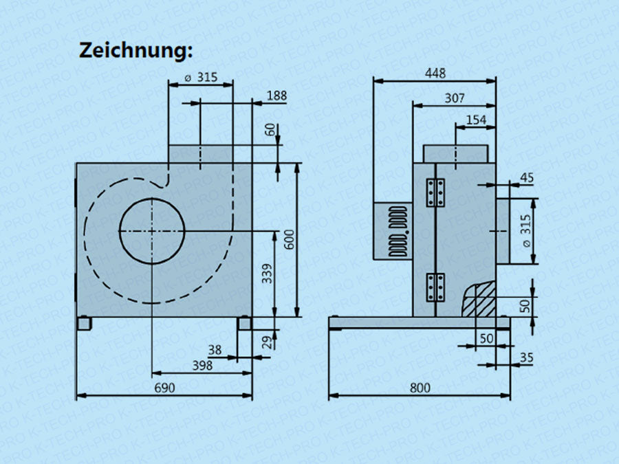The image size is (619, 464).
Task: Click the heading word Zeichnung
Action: (136, 50)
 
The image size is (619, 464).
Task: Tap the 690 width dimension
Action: (164, 387)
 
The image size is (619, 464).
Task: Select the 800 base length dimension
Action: (420, 388)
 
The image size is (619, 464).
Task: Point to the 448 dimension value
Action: (435, 72)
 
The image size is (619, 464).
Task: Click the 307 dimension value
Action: (454, 98)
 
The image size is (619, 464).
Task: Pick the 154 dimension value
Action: (476, 120)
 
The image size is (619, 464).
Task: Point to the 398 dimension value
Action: (202, 366)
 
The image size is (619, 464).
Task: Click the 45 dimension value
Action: (526, 177)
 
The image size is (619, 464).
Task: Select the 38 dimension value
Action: (215, 350)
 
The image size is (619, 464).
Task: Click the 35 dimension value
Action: (528, 357)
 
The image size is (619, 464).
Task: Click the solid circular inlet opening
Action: (152, 231)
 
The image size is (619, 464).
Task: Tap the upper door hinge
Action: (435, 193)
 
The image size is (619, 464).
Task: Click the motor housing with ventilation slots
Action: (393, 230)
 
